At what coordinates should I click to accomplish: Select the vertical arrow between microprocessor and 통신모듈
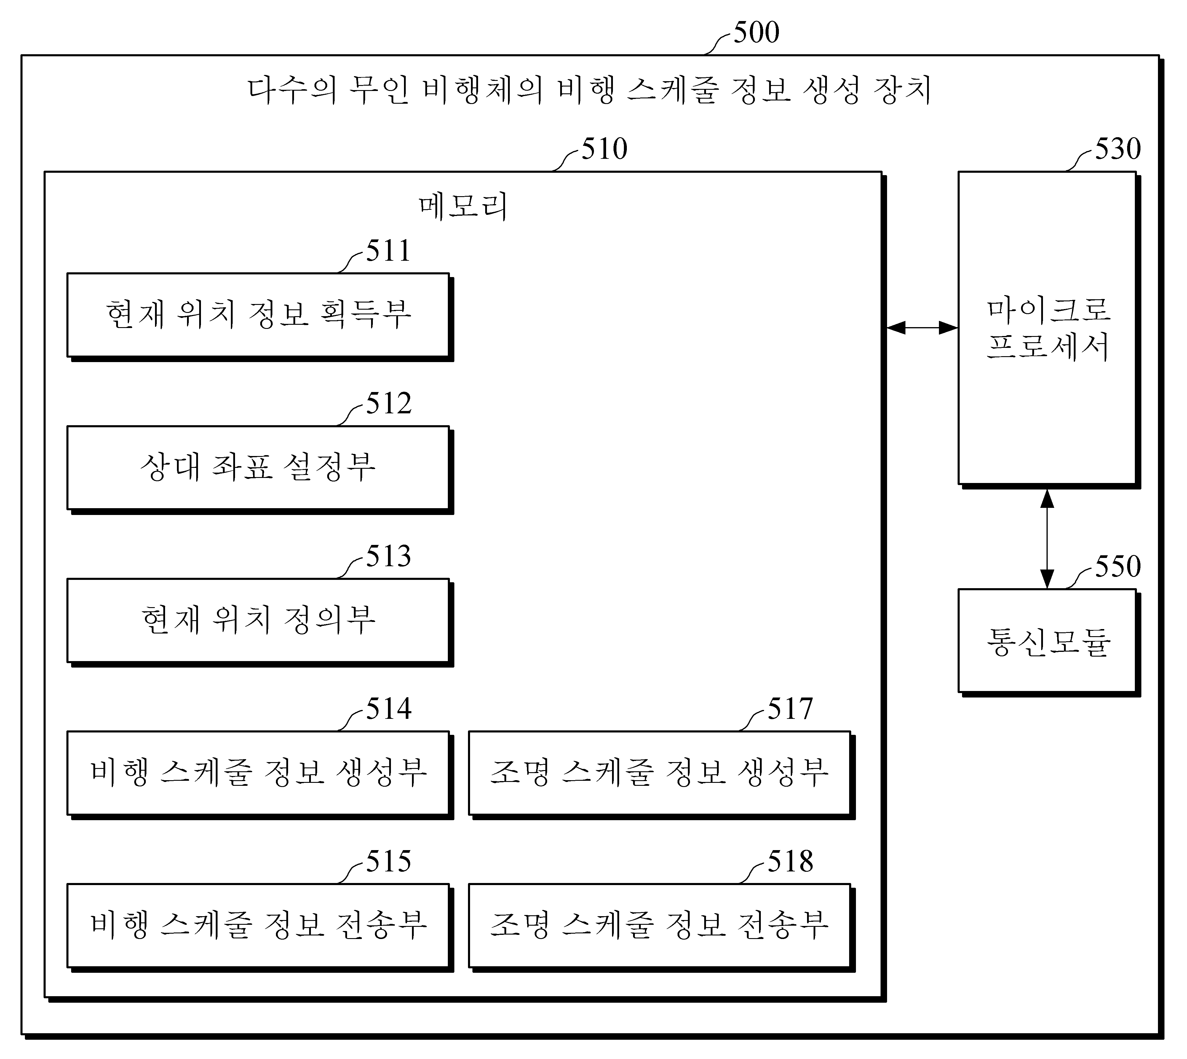click(1047, 539)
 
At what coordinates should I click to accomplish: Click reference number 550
click(1118, 567)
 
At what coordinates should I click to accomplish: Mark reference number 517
click(790, 709)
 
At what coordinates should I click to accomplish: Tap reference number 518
click(790, 862)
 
